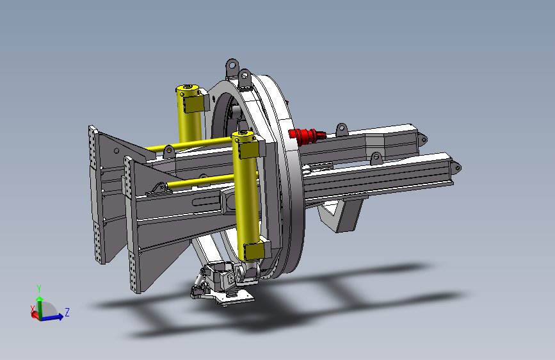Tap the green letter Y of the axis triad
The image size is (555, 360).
(39, 289)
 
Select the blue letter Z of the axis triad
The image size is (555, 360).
(67, 312)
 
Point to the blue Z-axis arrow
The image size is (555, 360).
(52, 317)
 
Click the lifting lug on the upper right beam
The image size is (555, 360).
(341, 130)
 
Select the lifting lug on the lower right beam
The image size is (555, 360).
(376, 158)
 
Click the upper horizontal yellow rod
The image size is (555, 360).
(189, 145)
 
